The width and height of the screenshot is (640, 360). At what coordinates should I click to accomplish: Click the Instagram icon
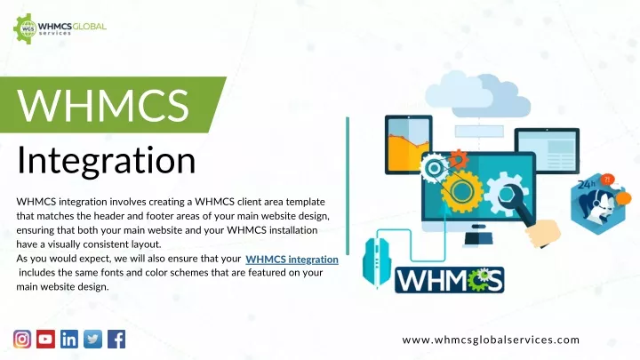[22, 340]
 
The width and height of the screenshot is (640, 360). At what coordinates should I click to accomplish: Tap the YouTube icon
[45, 340]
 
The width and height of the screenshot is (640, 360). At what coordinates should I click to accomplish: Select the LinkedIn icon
[69, 340]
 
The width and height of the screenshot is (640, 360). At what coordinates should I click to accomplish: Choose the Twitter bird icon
[93, 340]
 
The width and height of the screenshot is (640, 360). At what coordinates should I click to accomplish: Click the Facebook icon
[116, 340]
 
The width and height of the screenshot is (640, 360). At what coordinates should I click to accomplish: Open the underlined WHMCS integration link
[292, 260]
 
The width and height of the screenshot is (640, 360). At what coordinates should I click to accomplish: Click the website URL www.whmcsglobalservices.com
[491, 340]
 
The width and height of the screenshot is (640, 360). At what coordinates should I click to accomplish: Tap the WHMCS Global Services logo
[60, 28]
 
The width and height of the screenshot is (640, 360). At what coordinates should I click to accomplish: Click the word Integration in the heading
[106, 160]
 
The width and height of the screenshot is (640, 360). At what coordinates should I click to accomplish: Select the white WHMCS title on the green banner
[103, 105]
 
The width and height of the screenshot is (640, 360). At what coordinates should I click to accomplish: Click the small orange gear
[459, 159]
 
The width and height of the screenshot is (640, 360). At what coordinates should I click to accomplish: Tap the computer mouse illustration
[376, 261]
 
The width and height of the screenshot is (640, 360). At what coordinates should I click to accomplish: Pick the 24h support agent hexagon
[598, 204]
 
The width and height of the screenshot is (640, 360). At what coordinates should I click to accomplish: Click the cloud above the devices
[477, 94]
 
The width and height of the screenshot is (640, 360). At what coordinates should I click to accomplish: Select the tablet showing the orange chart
[409, 145]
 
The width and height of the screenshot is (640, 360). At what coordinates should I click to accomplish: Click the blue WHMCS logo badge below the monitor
[450, 280]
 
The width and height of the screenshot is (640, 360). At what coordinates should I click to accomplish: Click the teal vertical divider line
[348, 186]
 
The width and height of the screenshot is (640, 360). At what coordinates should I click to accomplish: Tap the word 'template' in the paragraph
[305, 202]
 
